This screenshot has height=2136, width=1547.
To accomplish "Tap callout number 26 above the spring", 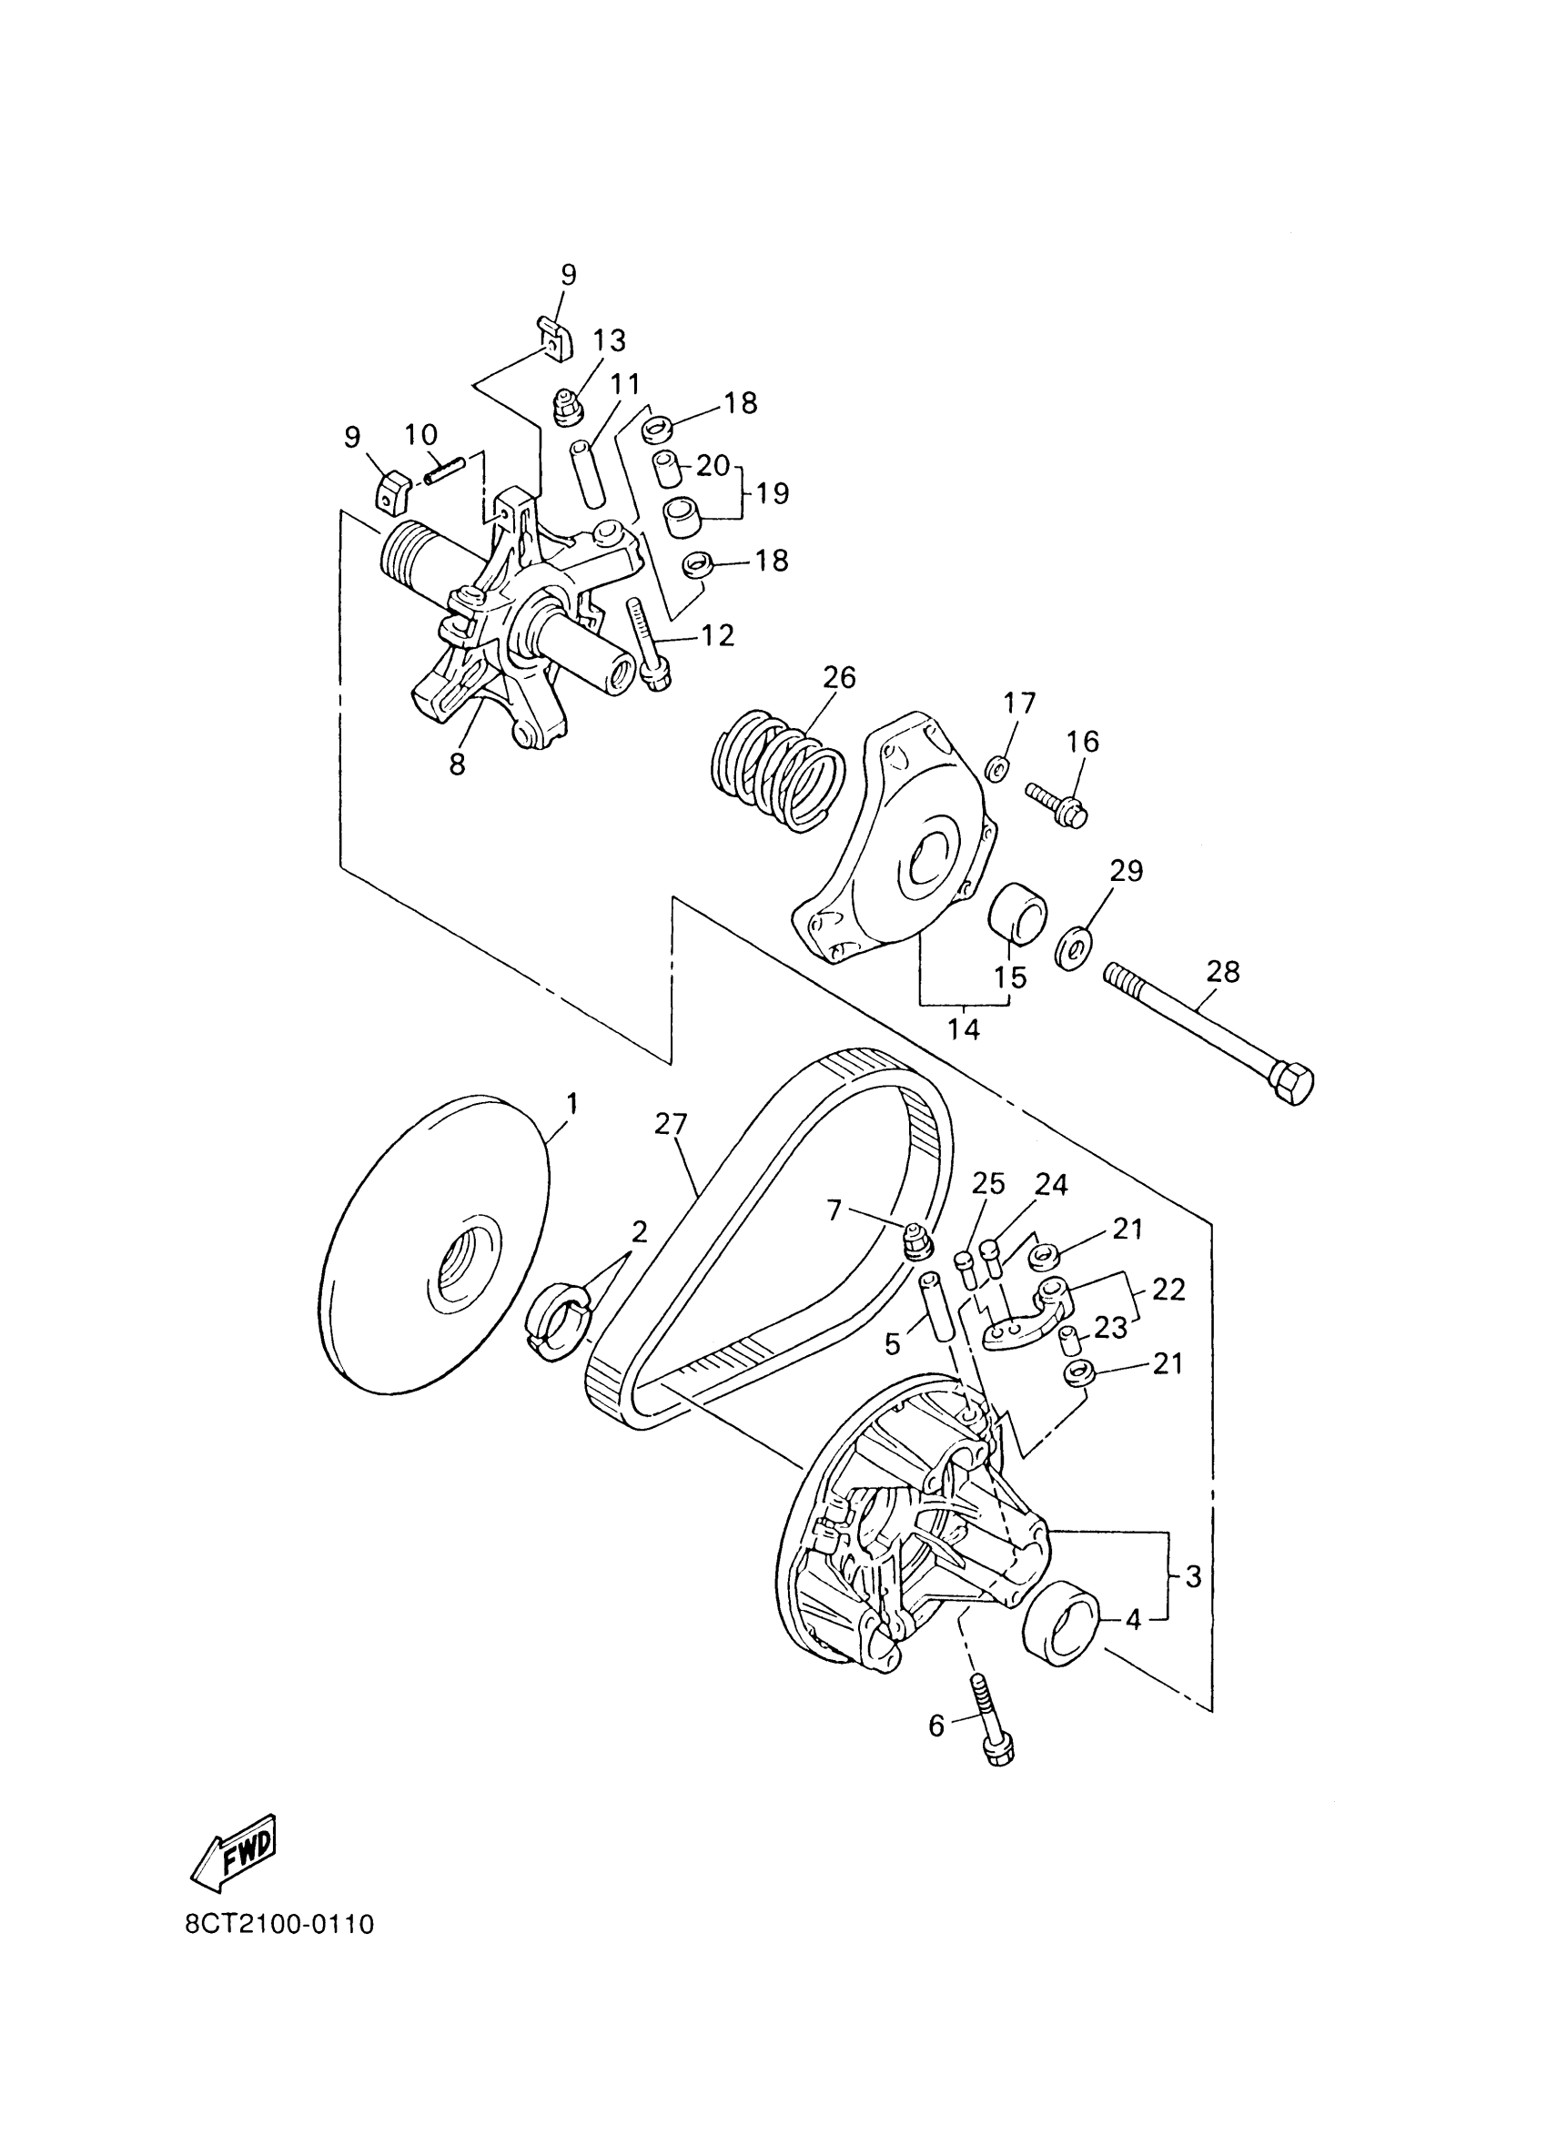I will [839, 678].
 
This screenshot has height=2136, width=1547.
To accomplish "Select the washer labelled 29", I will [1074, 949].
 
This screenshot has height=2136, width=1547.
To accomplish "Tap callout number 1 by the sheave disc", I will [571, 1103].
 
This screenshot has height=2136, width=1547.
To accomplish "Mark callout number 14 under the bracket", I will [962, 1030].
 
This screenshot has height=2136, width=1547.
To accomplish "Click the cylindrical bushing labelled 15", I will [1016, 911].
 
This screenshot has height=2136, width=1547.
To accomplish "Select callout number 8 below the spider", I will [458, 764].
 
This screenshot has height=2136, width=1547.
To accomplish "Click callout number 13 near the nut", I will [609, 339].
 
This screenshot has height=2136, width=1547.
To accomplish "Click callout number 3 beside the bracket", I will [1193, 1576].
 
